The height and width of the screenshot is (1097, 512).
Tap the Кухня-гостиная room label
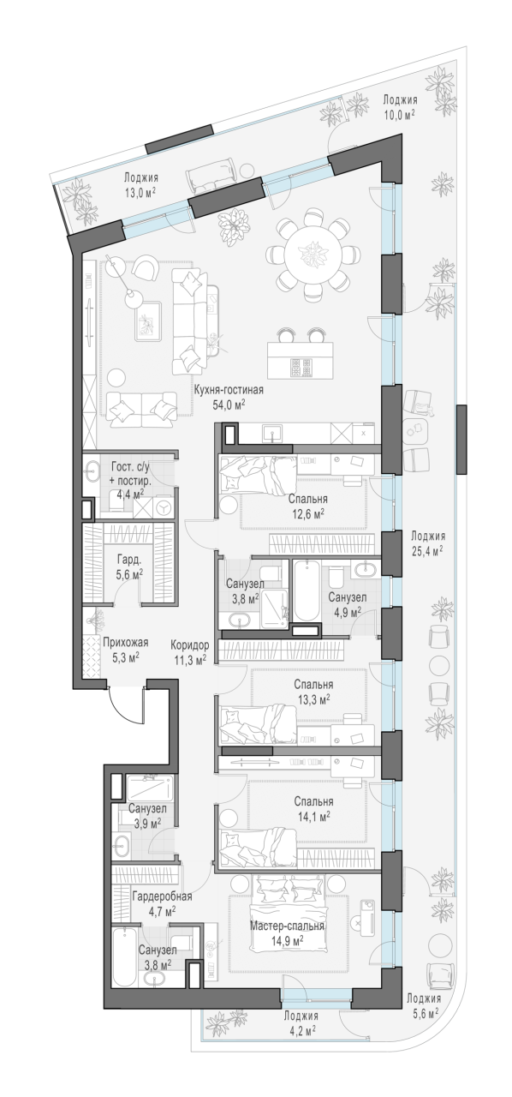[228, 390]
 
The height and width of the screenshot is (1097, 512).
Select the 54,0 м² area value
[228, 405]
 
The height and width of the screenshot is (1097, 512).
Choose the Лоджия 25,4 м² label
[427, 543]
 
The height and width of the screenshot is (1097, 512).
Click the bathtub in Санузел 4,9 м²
[307, 591]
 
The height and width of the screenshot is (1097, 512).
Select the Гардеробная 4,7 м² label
[162, 903]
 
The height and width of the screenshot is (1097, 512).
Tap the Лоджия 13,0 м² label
[140, 184]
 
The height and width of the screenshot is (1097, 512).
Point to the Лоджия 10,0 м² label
[400, 107]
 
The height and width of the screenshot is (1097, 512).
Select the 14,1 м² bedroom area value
[313, 816]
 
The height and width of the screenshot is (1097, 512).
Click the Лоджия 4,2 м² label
[301, 1058]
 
